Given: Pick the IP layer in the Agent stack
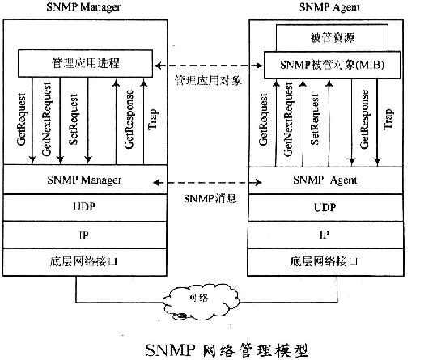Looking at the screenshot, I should coord(324,235).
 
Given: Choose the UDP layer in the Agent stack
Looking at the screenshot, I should coord(324,208).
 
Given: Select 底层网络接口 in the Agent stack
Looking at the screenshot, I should coord(324,261).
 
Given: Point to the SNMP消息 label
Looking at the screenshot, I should coord(209,198).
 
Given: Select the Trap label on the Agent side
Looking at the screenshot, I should coord(388,120).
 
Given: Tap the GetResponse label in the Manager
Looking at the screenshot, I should coord(128,121).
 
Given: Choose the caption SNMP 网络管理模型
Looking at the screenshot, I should coord(226,349).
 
